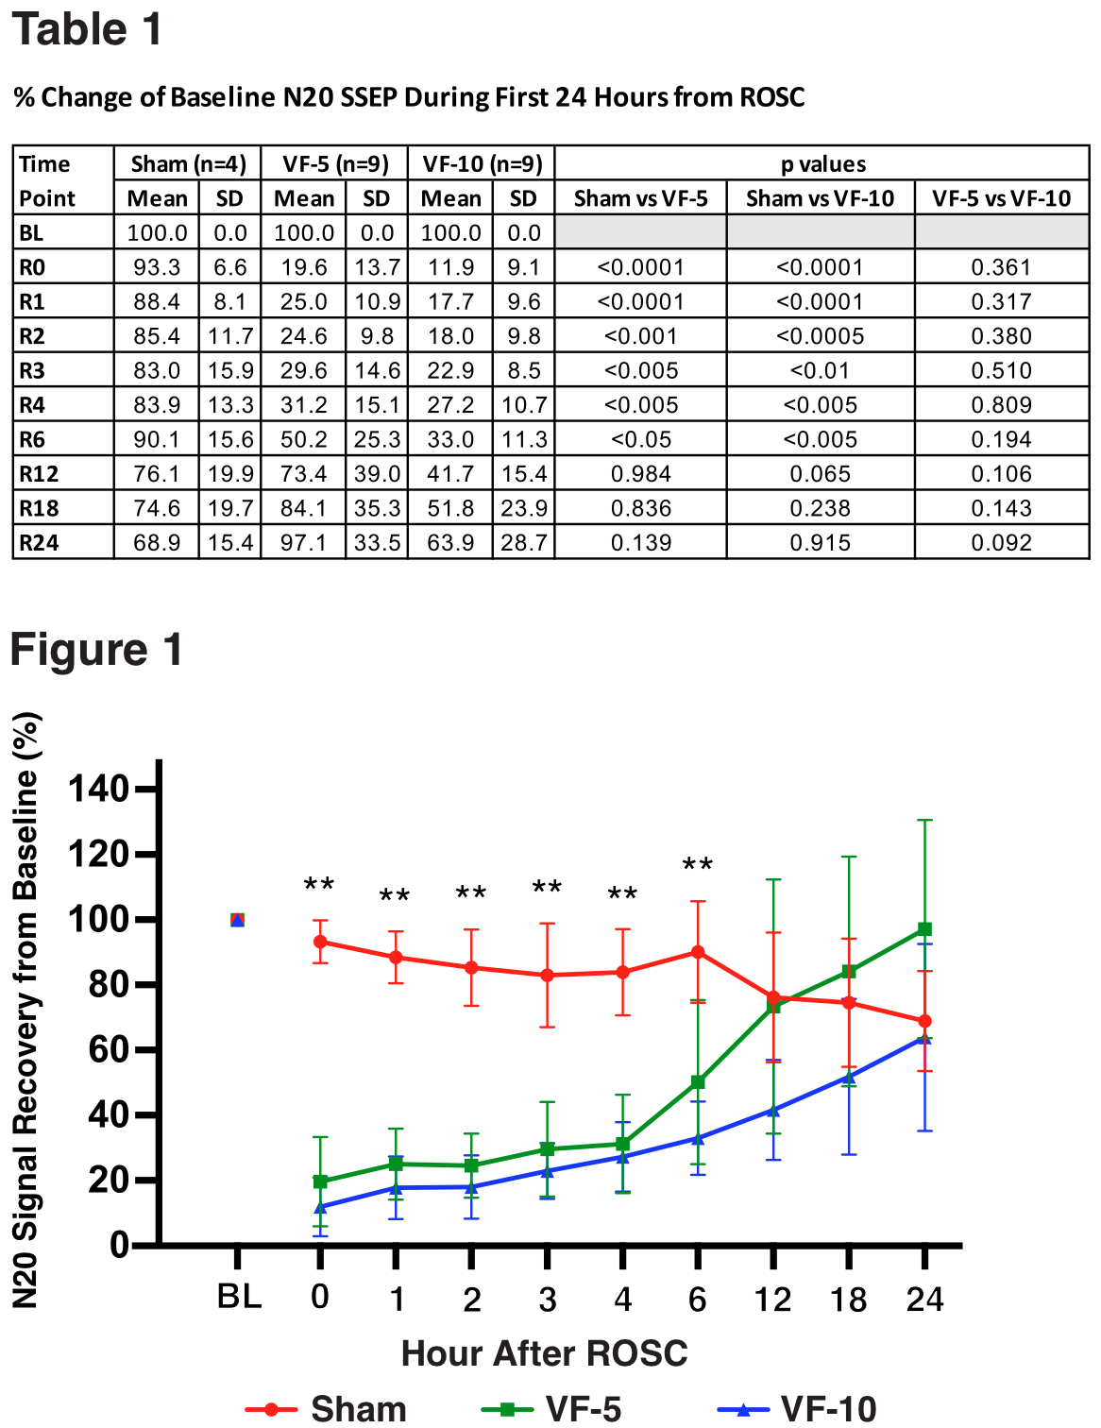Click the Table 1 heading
[x=87, y=29]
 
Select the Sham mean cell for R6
[x=157, y=439]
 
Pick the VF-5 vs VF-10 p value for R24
[x=1001, y=543]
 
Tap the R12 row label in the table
[x=39, y=474]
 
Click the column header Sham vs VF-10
[x=820, y=198]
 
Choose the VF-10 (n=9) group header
[x=482, y=164]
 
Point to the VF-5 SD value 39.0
[x=377, y=474]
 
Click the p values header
[x=822, y=164]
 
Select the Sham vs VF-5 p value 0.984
[x=640, y=474]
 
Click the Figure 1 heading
[x=96, y=650]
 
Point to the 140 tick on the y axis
[x=98, y=789]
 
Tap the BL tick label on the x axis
[x=239, y=1298]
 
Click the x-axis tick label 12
[x=772, y=1300]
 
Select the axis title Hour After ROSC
[x=544, y=1353]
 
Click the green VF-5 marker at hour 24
[x=924, y=929]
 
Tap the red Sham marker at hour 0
[x=320, y=942]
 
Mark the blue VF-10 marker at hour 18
[x=849, y=1076]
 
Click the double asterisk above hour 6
[x=698, y=865]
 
